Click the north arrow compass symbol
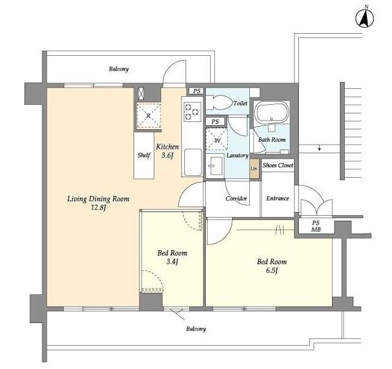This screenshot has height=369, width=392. tap(364, 17)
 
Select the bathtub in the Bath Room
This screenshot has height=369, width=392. tap(272, 113)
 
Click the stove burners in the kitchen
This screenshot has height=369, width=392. tap(192, 111)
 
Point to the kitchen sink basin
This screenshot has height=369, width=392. tap(193, 162)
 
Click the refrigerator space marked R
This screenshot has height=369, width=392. tap(148, 115)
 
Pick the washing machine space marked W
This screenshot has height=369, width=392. tap(216, 140)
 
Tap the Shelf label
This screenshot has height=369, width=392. tap(144, 155)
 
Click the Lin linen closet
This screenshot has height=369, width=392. tap(254, 169)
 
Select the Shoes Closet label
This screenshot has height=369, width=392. tap(277, 165)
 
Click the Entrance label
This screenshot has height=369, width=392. tap(277, 199)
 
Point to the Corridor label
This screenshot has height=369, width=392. tap(236, 199)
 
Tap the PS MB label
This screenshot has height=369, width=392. tap(316, 226)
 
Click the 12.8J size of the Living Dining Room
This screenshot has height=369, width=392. tap(99, 208)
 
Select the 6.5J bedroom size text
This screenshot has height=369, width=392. tap(272, 271)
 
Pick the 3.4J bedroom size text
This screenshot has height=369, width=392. tap(172, 262)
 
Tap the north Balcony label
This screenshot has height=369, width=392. tap(119, 69)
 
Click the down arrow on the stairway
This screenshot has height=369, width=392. tap(320, 148)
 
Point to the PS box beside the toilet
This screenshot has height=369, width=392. tap(197, 91)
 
